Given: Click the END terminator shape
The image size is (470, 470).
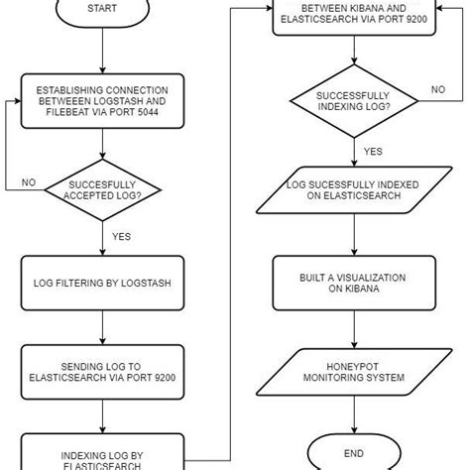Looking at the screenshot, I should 354,452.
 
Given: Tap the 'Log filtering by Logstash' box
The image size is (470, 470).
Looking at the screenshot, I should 101,283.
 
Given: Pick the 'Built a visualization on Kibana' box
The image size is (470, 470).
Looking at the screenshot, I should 354,284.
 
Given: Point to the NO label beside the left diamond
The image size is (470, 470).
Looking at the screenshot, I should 30,182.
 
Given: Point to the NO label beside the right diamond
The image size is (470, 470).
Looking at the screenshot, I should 437,88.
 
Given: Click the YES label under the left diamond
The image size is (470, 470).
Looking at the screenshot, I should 120,237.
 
